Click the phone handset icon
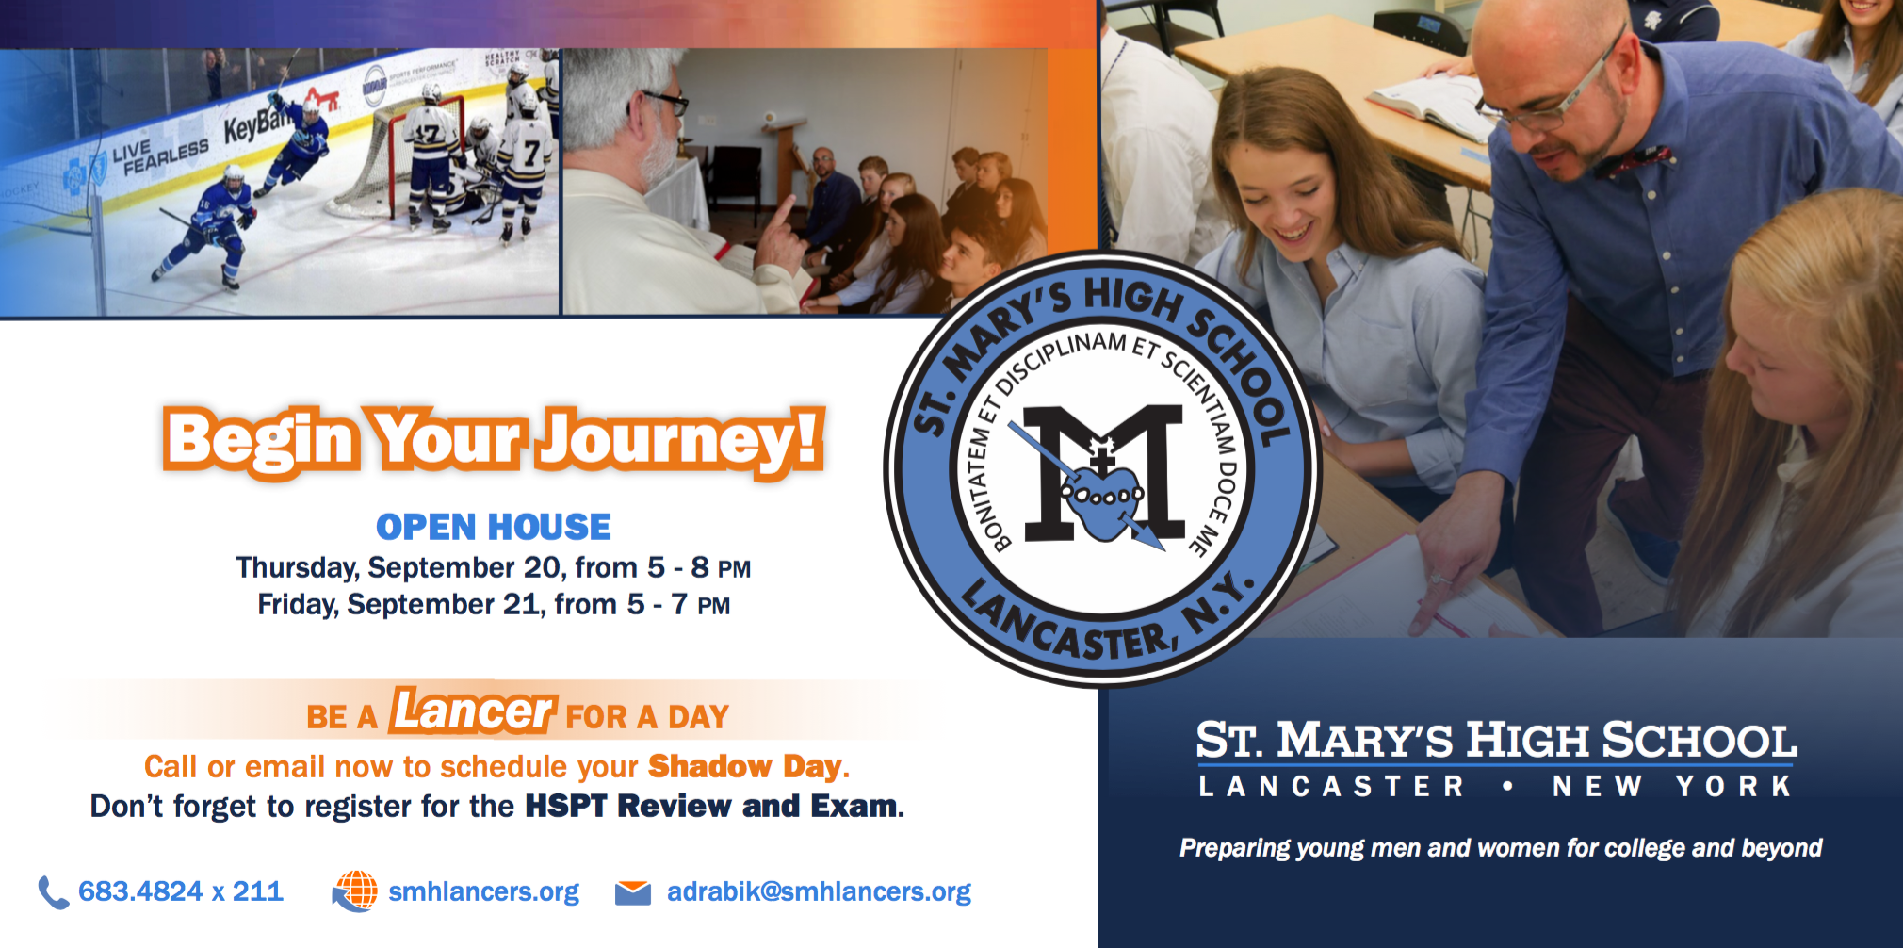(x=53, y=891)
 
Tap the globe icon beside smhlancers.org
(x=354, y=891)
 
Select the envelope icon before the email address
(x=633, y=892)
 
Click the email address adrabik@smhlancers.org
(x=819, y=891)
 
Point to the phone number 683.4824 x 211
(x=181, y=891)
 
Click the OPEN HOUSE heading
(x=494, y=527)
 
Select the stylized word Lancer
(x=474, y=710)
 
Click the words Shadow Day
(x=744, y=766)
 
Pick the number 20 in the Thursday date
(x=542, y=567)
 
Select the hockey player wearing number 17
(x=431, y=155)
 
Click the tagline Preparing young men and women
(x=1501, y=848)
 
